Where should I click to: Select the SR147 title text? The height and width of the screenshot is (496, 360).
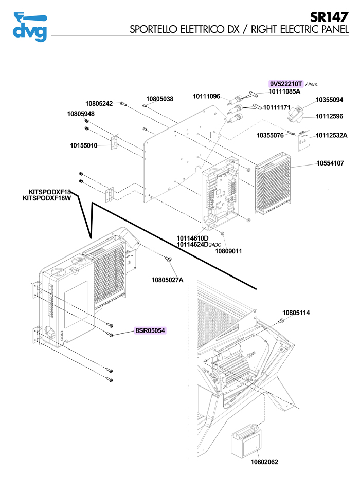point(329,17)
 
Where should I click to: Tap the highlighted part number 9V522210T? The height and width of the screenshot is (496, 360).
point(286,84)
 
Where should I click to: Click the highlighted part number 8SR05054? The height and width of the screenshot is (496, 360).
point(150,330)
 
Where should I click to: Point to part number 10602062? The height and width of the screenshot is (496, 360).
point(264,462)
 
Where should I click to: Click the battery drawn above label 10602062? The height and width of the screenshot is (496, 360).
point(246,442)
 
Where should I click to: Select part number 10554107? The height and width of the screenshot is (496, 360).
point(330,163)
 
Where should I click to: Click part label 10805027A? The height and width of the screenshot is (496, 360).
point(167,280)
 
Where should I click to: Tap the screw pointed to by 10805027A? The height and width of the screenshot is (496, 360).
point(169,260)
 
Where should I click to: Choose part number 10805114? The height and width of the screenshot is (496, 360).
point(296,313)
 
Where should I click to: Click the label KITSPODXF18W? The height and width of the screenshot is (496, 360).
point(47,198)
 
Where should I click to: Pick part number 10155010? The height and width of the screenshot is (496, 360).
point(84,145)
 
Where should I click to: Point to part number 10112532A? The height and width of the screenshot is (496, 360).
point(332,135)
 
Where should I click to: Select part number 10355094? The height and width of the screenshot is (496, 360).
point(329,100)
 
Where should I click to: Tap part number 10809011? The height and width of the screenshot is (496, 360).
point(228,251)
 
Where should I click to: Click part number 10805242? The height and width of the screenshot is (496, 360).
point(99,103)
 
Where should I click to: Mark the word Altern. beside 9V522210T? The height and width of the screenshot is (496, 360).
point(312,85)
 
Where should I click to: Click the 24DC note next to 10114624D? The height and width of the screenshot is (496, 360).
point(215,245)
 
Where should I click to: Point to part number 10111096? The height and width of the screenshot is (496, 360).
point(206,96)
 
